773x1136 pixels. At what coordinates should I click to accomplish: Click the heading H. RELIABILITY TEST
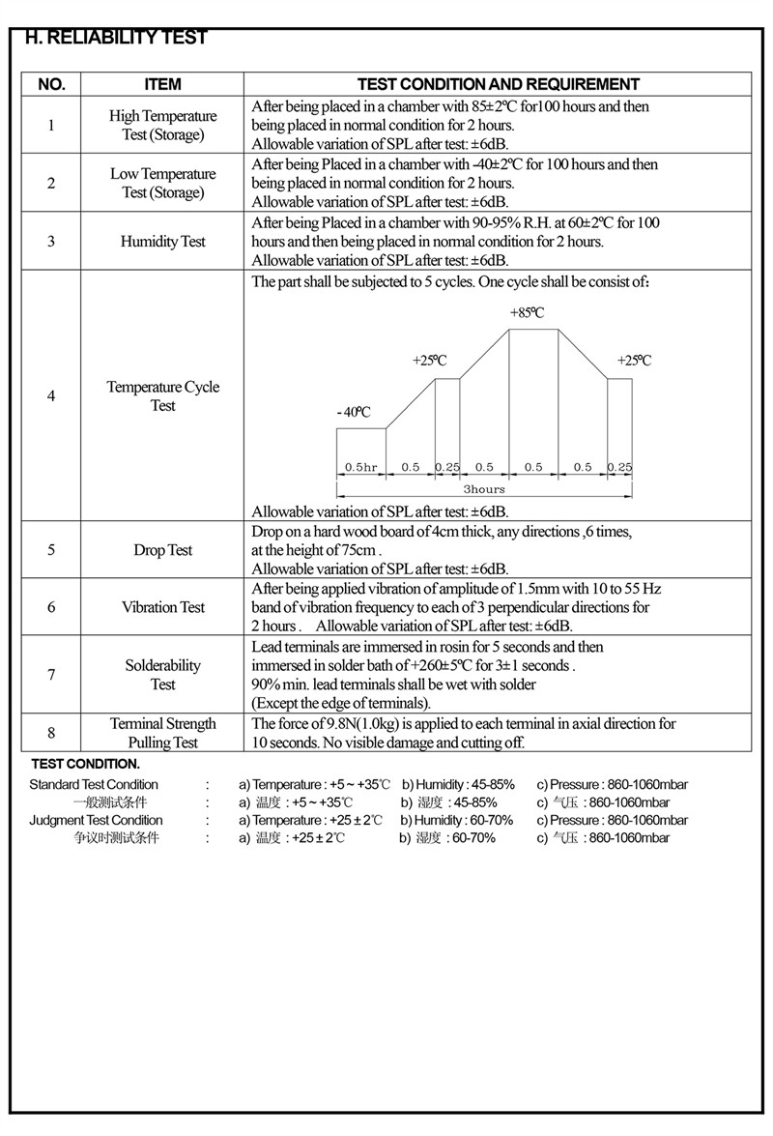[x=116, y=38]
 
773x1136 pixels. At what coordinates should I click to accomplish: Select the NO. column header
[x=51, y=84]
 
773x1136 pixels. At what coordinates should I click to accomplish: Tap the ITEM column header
[x=162, y=84]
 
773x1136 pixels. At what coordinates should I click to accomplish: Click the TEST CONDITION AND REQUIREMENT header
[x=498, y=84]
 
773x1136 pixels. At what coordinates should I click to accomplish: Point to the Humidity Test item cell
[x=162, y=241]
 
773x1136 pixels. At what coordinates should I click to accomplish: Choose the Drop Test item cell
[x=162, y=550]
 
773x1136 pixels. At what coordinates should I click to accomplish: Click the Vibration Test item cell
[x=162, y=607]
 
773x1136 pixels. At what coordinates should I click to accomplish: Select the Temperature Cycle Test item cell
[x=162, y=396]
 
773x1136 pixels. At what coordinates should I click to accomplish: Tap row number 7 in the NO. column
[x=51, y=674]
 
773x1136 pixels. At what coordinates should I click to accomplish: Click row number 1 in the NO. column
[x=51, y=125]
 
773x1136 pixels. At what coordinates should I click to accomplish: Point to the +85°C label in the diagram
[x=527, y=313]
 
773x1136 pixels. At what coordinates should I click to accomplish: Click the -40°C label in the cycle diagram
[x=354, y=412]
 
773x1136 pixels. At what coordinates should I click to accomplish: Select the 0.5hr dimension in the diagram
[x=361, y=467]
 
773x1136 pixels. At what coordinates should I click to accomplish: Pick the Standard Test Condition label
[x=94, y=784]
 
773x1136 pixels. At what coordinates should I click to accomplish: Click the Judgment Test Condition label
[x=97, y=820]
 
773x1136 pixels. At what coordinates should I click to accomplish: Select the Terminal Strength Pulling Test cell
[x=162, y=733]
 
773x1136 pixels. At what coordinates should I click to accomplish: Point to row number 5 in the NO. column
[x=51, y=550]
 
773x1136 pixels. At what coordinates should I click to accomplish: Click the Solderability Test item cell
[x=162, y=675]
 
